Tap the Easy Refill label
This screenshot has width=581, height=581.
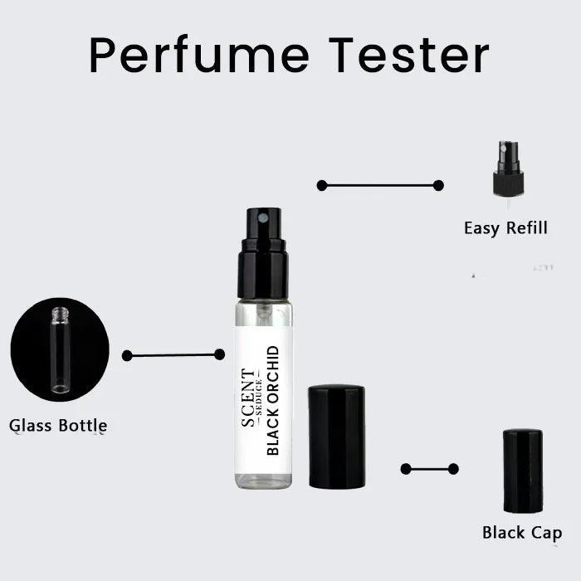click(505, 227)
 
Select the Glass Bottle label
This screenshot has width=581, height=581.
click(58, 426)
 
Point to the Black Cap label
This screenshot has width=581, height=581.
click(522, 533)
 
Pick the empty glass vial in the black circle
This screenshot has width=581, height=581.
click(59, 349)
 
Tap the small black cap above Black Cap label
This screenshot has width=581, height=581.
click(523, 471)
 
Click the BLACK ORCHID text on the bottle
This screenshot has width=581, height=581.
click(273, 400)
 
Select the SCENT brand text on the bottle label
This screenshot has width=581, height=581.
click(248, 398)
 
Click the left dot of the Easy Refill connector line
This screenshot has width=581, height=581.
click(322, 185)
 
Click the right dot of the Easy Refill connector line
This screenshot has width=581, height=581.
click(438, 185)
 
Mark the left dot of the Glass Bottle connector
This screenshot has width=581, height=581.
click(127, 355)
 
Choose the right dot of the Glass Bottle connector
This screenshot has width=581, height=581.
click(219, 354)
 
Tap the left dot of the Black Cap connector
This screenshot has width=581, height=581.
click(406, 469)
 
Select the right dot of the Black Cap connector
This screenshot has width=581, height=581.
click(453, 469)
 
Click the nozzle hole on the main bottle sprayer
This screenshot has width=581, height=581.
click(263, 217)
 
